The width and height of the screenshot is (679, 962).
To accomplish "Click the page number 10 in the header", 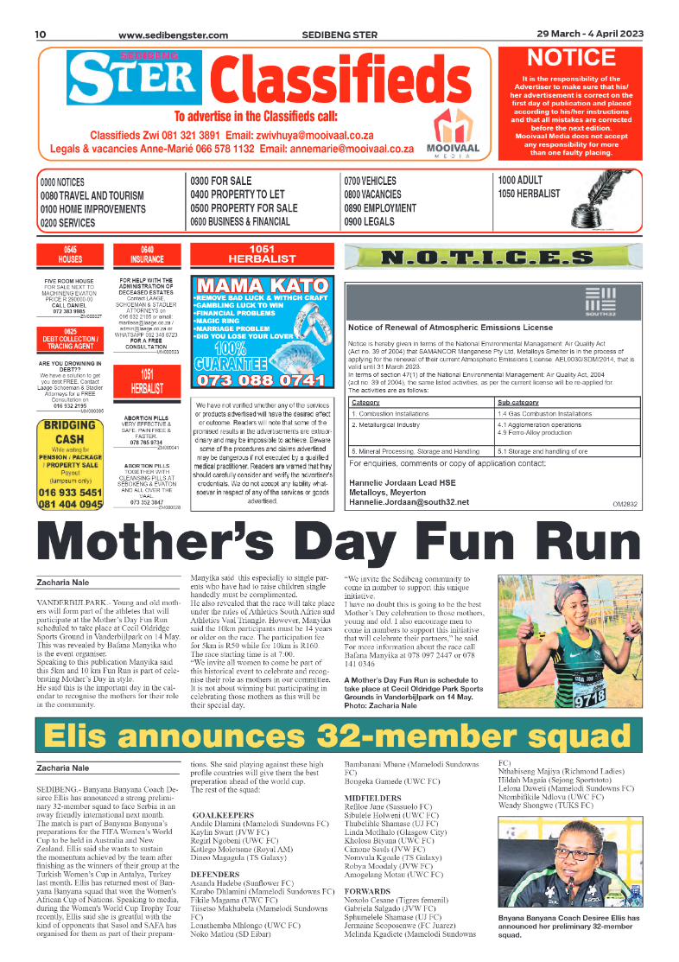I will click(x=40, y=35).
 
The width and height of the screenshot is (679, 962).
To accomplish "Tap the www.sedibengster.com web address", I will click(x=173, y=35).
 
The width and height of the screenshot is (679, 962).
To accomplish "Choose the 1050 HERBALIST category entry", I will click(x=529, y=194).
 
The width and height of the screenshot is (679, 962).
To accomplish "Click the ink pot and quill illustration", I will click(x=612, y=207).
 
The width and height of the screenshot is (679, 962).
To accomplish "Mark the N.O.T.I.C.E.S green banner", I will click(x=492, y=257).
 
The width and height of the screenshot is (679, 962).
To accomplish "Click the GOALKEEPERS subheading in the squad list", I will click(x=223, y=815).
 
